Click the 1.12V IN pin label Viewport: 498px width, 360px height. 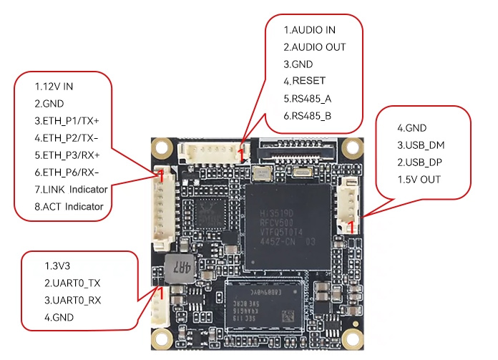pos(54,86)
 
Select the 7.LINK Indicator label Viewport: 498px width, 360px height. pos(72,190)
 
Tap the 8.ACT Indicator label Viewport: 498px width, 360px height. pos(69,207)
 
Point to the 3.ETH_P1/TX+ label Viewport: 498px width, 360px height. pos(67,120)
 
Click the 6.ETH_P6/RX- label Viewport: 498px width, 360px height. pos(67,172)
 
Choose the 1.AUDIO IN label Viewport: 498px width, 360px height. pos(310,30)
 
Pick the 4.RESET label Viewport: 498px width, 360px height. pos(304,81)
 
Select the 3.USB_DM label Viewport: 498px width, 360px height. pos(421,145)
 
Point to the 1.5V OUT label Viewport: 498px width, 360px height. pos(419,180)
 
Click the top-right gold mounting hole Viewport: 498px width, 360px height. pos(351,148)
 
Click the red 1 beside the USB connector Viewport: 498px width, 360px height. pos(351,227)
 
